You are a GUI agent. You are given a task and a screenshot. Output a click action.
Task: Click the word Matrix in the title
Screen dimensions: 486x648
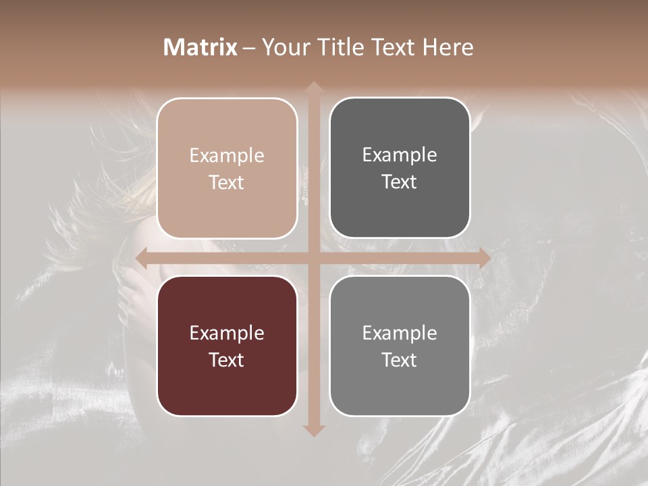[x=200, y=47]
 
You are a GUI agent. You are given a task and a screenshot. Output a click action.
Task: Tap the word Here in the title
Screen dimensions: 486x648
[x=448, y=47]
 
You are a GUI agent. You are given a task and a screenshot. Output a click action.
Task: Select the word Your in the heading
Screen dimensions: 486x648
[x=283, y=47]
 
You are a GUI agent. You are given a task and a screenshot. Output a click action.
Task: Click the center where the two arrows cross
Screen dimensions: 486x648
[x=313, y=257]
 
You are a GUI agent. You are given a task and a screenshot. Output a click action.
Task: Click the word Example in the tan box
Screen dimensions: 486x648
[x=227, y=155]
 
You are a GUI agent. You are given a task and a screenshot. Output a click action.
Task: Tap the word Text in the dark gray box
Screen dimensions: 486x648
[x=400, y=182]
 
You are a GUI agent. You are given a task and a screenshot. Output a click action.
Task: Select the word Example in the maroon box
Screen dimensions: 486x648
[x=227, y=333]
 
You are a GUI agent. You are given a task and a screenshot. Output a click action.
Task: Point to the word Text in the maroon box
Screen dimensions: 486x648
[x=227, y=360]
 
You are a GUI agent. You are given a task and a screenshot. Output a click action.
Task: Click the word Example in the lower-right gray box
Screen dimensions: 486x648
[x=400, y=333]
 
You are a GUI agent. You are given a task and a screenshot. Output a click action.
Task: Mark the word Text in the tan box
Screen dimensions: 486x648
[x=227, y=182]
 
